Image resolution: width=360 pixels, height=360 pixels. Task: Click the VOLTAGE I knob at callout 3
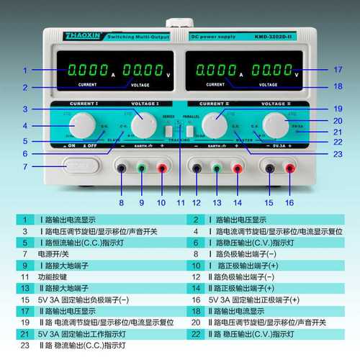coord(143,125)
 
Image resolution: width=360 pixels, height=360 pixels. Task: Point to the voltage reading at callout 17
coord(273,71)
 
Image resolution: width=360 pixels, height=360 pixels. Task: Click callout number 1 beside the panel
coord(24,71)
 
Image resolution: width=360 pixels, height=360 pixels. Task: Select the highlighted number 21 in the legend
coord(24,334)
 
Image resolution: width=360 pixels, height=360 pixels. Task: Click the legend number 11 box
coord(24,276)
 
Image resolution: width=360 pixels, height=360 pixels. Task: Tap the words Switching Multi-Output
coord(138,36)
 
